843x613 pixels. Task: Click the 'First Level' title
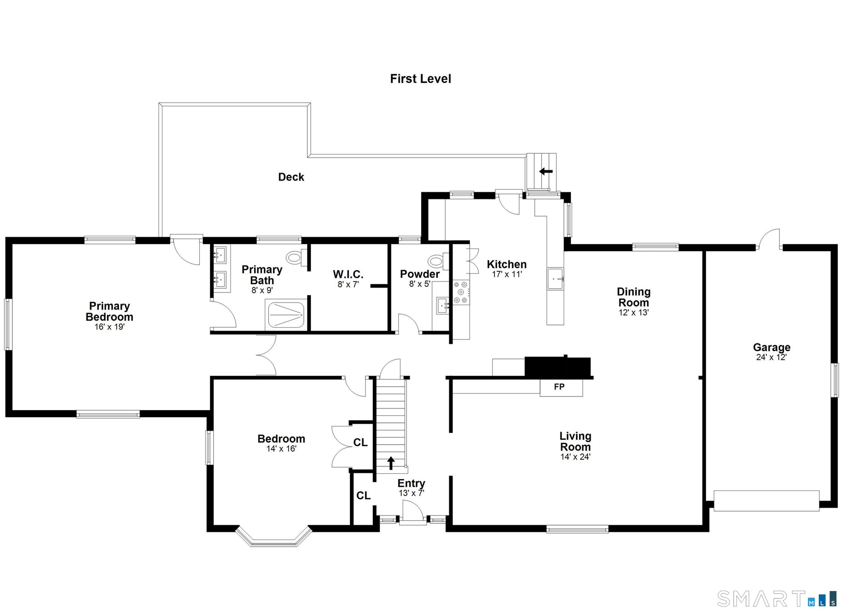pos(421,79)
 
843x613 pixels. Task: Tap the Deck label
pos(291,177)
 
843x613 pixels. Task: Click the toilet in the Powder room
pos(439,262)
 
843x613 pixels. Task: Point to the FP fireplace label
pos(559,387)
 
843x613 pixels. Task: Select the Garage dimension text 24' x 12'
pos(771,357)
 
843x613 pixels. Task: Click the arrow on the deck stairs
pos(546,171)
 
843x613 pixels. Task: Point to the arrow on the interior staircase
pos(391,463)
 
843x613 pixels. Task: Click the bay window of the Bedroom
pos(274,537)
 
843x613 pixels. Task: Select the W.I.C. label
pos(348,274)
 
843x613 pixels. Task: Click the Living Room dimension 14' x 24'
pos(575,457)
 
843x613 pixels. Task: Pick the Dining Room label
pos(634,297)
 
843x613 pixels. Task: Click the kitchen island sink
pos(555,279)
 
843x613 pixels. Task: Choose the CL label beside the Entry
pos(363,496)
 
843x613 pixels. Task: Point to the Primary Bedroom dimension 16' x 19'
pos(109,327)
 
